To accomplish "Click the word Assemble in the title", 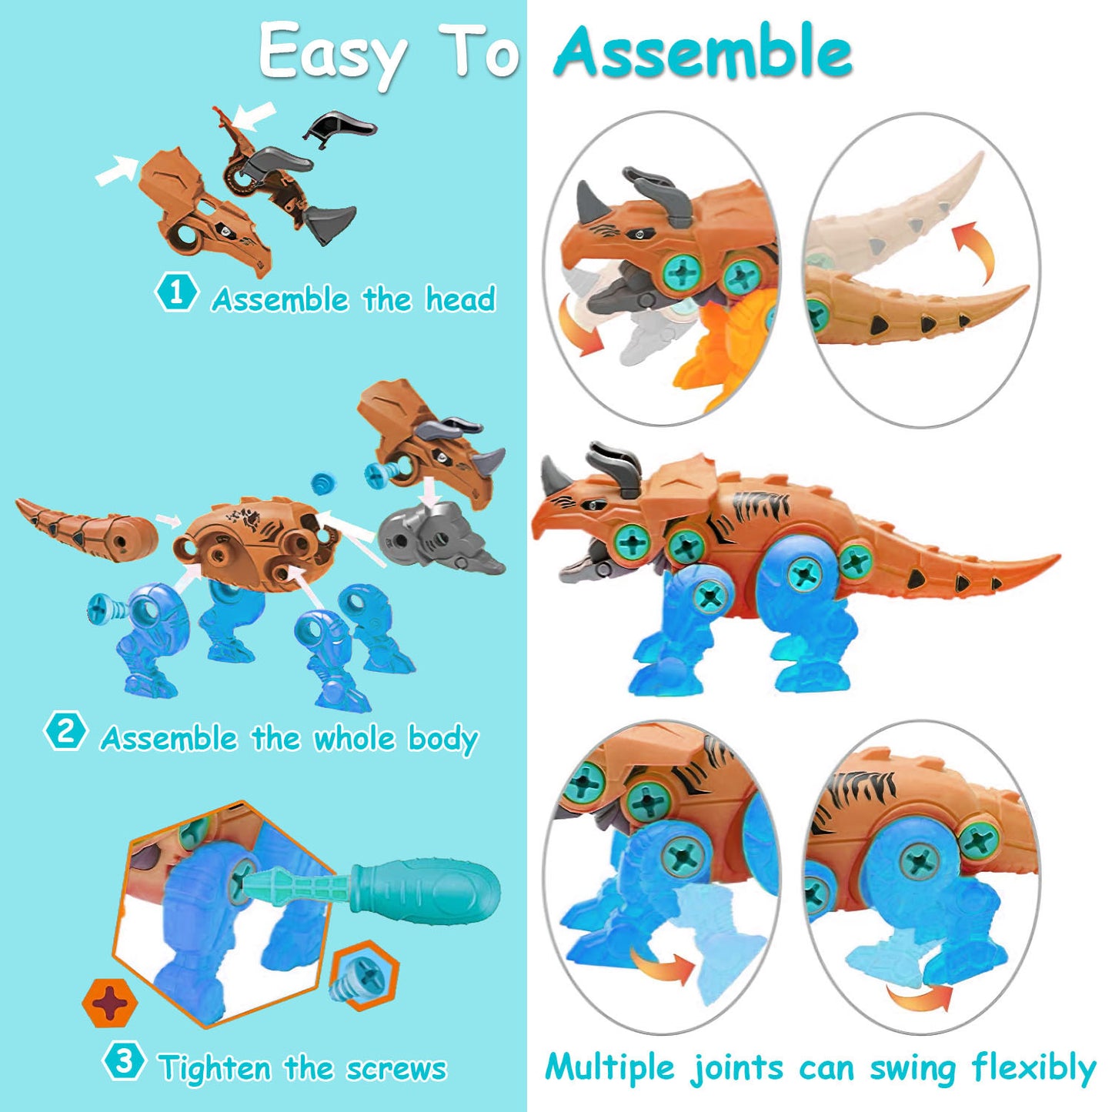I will pyautogui.click(x=702, y=52).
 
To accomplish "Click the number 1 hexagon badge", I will pyautogui.click(x=176, y=292).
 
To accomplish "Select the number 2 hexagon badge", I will pyautogui.click(x=65, y=730).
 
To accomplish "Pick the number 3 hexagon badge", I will pyautogui.click(x=123, y=1062).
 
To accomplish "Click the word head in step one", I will pyautogui.click(x=460, y=299).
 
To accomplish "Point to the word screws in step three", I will pyautogui.click(x=396, y=1068).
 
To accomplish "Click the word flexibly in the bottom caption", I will pyautogui.click(x=1033, y=1068).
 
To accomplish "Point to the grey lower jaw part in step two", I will pyautogui.click(x=439, y=539).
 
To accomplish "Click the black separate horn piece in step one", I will pyautogui.click(x=340, y=125).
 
